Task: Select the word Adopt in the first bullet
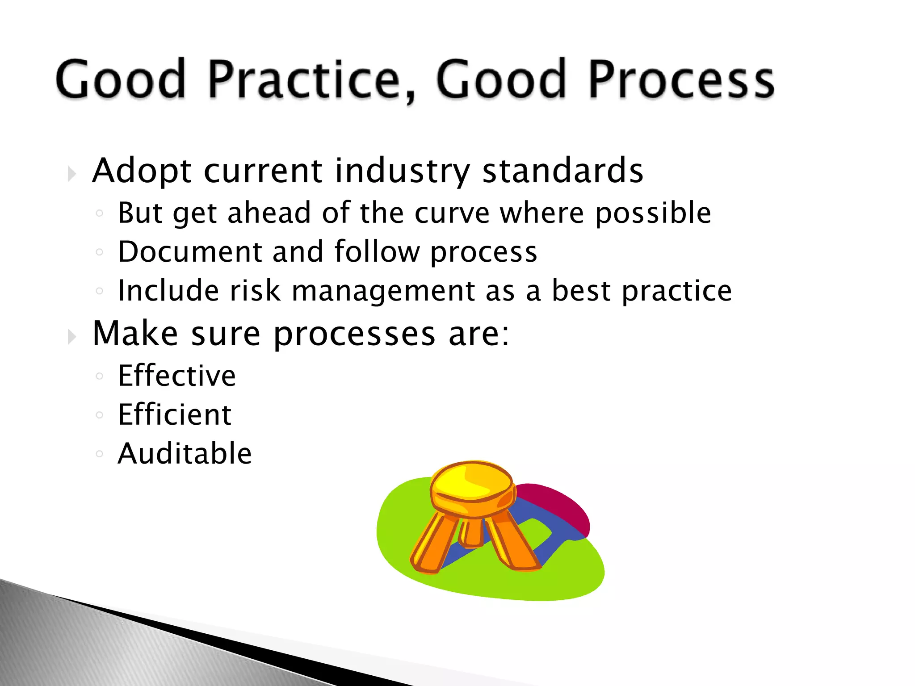[x=142, y=171]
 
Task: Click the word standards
[x=562, y=171]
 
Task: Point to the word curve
[x=452, y=213]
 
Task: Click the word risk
[x=255, y=291]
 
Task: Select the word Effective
[x=176, y=376]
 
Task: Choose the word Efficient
[x=174, y=414]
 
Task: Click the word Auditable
[x=185, y=454]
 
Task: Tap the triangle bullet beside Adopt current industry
[x=71, y=174]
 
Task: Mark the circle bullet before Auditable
[x=99, y=454]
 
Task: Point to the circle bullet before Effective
[x=99, y=376]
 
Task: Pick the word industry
[x=402, y=172]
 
